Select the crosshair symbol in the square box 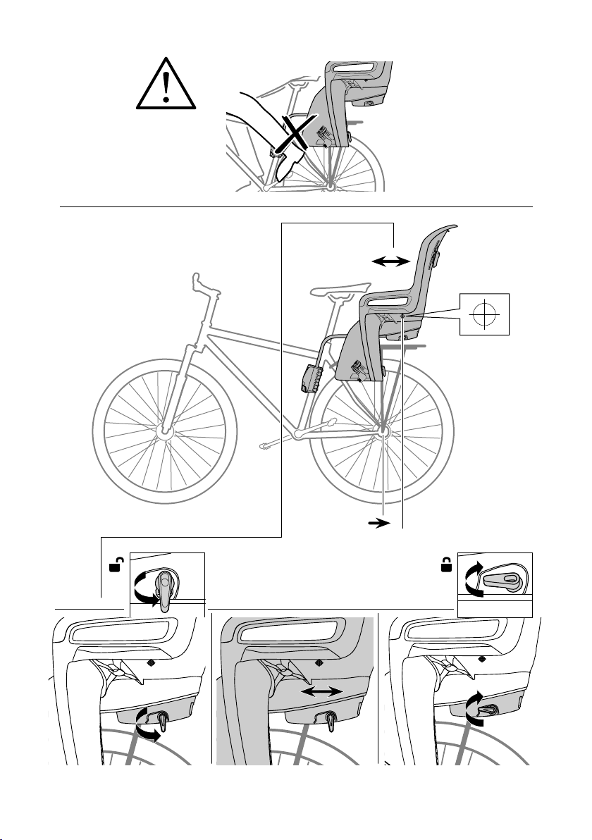click(x=483, y=312)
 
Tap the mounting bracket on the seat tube click(x=311, y=380)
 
